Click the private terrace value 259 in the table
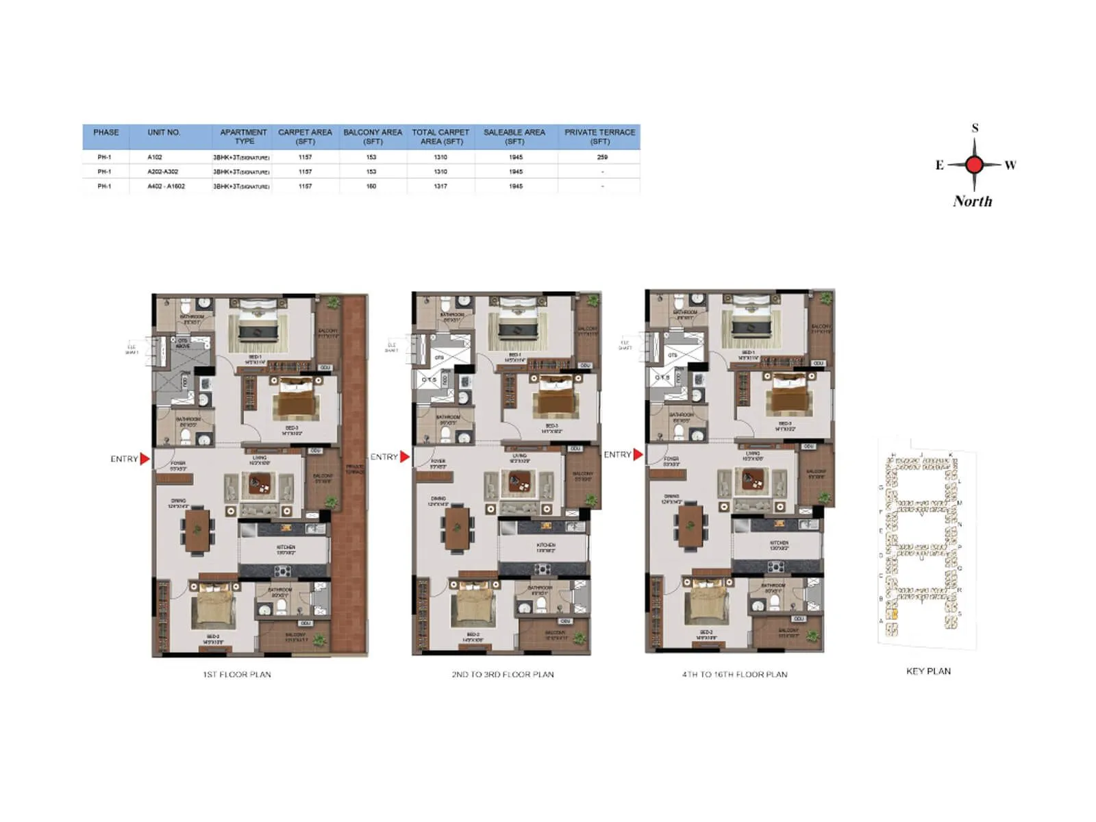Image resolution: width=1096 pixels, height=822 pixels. point(601,157)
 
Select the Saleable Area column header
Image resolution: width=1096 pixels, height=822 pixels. point(514,136)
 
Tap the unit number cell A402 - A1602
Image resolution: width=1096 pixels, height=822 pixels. point(166,186)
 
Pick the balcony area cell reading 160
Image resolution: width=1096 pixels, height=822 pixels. point(371,186)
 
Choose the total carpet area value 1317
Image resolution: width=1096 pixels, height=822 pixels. point(440,186)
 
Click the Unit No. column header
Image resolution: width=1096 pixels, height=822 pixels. point(164,132)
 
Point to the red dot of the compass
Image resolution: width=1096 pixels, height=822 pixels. point(974,164)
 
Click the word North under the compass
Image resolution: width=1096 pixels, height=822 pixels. point(972,201)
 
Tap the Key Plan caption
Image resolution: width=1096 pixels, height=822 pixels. point(928,671)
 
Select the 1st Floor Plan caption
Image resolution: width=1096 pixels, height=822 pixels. point(237,675)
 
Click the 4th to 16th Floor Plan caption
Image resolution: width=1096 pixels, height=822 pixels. point(734,675)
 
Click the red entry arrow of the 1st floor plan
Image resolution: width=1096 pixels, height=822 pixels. point(145,459)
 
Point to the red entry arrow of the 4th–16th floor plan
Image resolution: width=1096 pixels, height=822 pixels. point(638,454)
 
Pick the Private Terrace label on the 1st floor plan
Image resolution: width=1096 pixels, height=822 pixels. point(355,469)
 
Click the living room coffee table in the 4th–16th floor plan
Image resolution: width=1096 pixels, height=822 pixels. point(754,482)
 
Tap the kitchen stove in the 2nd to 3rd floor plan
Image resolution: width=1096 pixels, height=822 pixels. point(543,569)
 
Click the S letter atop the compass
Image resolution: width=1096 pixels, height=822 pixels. point(975,128)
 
